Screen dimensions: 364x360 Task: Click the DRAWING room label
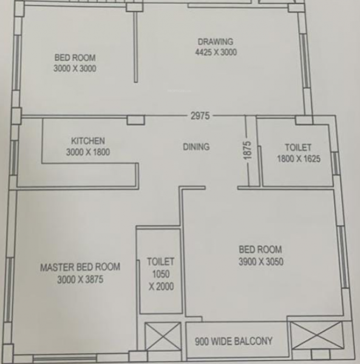pyautogui.click(x=215, y=42)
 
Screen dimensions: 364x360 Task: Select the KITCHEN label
pyautogui.click(x=87, y=141)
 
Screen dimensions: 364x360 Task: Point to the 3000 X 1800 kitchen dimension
pyautogui.click(x=87, y=152)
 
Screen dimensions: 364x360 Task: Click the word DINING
pyautogui.click(x=196, y=147)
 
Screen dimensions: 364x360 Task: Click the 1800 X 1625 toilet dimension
pyautogui.click(x=298, y=160)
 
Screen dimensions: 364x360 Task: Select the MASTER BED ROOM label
pyautogui.click(x=80, y=267)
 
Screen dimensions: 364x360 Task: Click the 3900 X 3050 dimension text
pyautogui.click(x=260, y=262)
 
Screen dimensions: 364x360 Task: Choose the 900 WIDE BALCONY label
pyautogui.click(x=234, y=342)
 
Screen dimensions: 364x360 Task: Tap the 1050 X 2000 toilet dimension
pyautogui.click(x=160, y=280)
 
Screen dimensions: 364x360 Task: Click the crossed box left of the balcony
pyautogui.click(x=163, y=336)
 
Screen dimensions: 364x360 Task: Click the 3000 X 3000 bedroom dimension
pyautogui.click(x=75, y=69)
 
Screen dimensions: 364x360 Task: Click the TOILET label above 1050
pyautogui.click(x=160, y=262)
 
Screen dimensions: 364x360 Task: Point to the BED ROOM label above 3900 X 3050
pyautogui.click(x=260, y=250)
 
